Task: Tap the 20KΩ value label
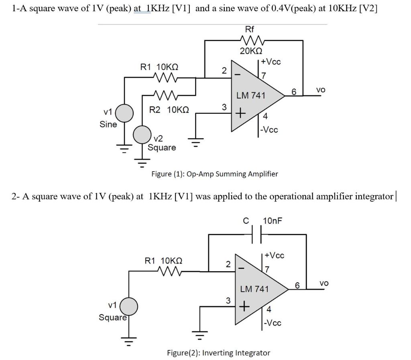[x=251, y=51]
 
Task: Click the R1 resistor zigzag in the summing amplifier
[x=165, y=77]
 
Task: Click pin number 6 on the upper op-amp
[x=294, y=92]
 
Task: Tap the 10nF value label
[x=273, y=221]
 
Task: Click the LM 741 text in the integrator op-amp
[x=254, y=288]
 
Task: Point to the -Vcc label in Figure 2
[x=273, y=323]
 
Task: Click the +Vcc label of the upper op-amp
[x=271, y=61]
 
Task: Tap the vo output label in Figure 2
[x=324, y=283]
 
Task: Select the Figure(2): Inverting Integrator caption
[x=218, y=353]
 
